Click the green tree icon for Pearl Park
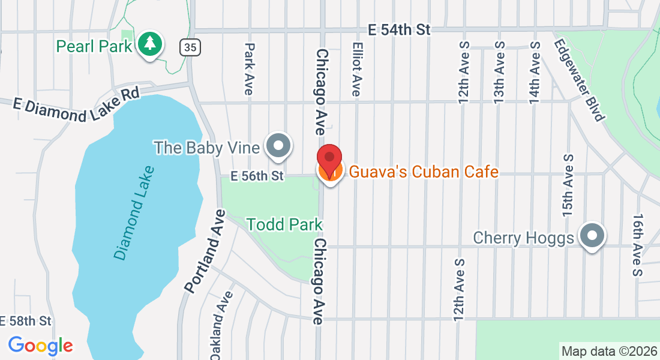pyautogui.click(x=150, y=44)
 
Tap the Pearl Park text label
pyautogui.click(x=94, y=46)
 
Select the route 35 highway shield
pyautogui.click(x=189, y=46)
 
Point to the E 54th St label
pyautogui.click(x=399, y=29)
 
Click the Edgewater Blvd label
pyautogui.click(x=578, y=80)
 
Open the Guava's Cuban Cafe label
pyautogui.click(x=424, y=172)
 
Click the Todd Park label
pyautogui.click(x=284, y=225)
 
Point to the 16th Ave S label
pyautogui.click(x=638, y=245)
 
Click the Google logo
pyautogui.click(x=40, y=346)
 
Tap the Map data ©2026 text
pyautogui.click(x=608, y=351)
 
